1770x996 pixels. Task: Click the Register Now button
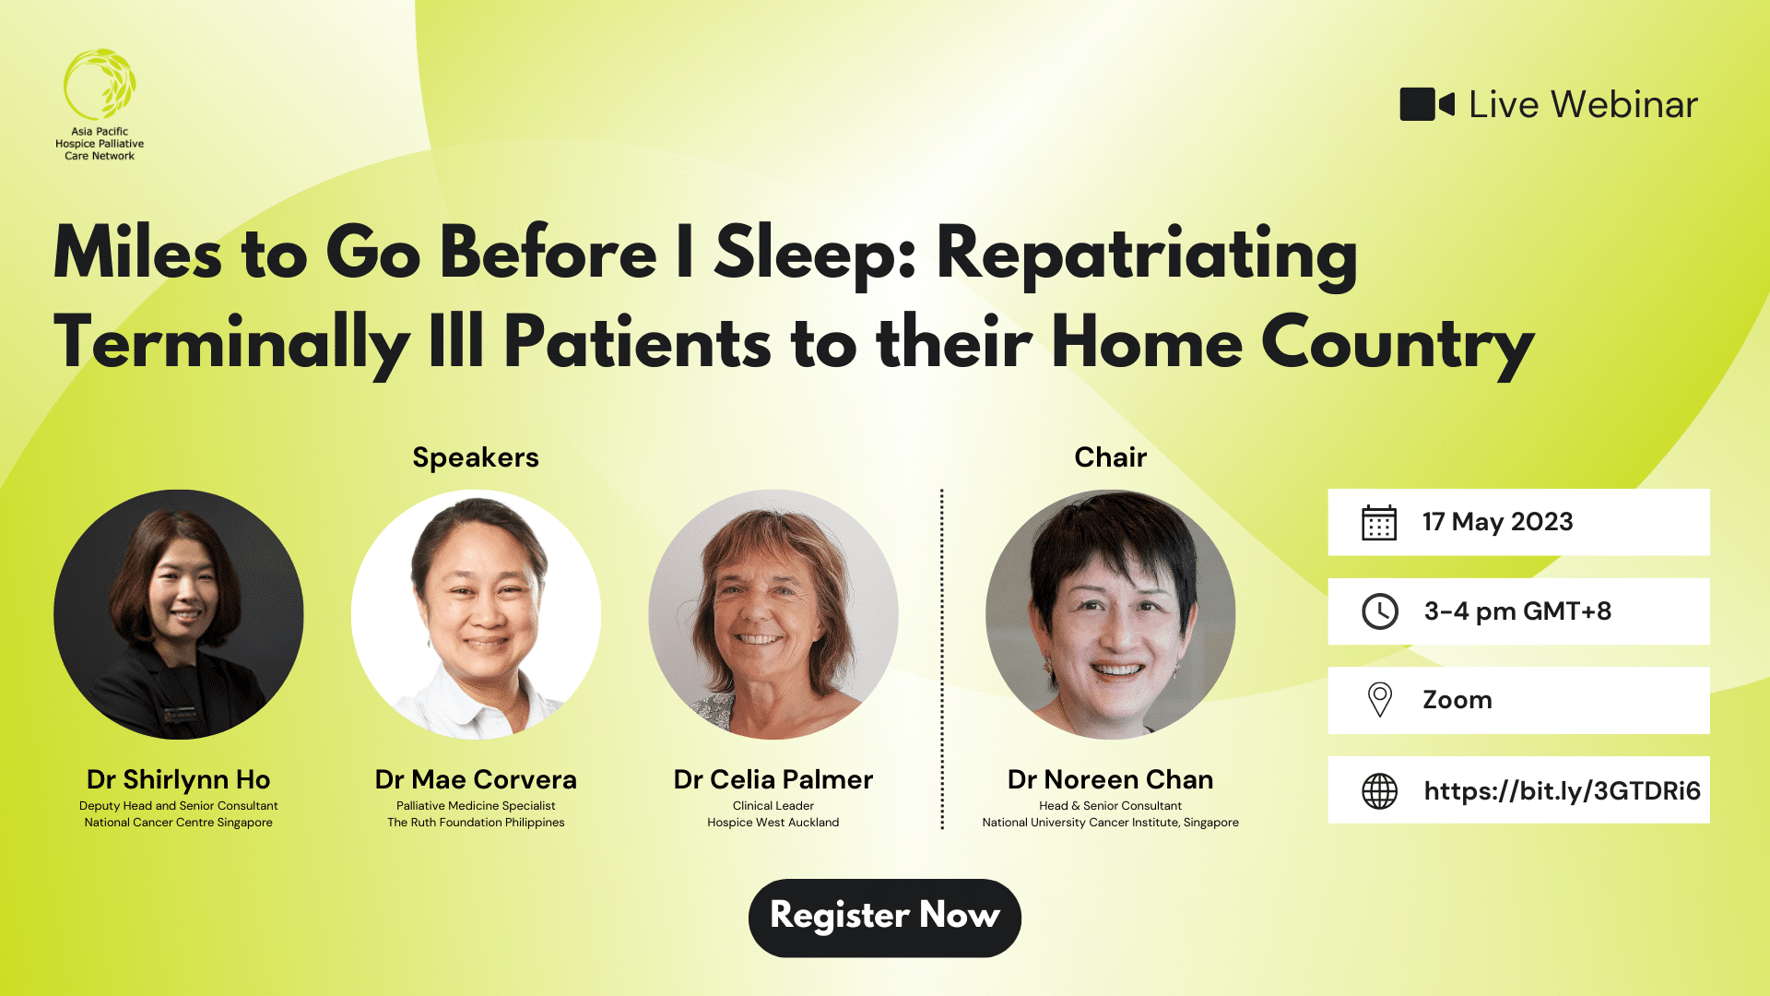pyautogui.click(x=884, y=917)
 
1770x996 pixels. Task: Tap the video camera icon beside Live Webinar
pyautogui.click(x=1425, y=104)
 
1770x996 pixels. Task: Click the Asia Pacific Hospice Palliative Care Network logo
pyautogui.click(x=100, y=104)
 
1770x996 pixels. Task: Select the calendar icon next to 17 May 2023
pyautogui.click(x=1379, y=522)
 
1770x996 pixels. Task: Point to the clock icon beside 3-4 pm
pyautogui.click(x=1379, y=611)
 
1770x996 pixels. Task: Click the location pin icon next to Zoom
pyautogui.click(x=1379, y=700)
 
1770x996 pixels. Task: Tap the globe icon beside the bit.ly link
pyautogui.click(x=1379, y=790)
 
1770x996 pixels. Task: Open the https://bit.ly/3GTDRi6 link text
pyautogui.click(x=1562, y=790)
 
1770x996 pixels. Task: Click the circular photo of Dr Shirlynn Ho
pyautogui.click(x=179, y=614)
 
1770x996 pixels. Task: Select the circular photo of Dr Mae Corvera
pyautogui.click(x=476, y=614)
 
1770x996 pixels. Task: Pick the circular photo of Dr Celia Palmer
pyautogui.click(x=773, y=614)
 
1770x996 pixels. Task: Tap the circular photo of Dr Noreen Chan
pyautogui.click(x=1110, y=614)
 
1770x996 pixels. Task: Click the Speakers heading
pyautogui.click(x=475, y=457)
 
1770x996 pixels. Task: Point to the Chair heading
pyautogui.click(x=1110, y=457)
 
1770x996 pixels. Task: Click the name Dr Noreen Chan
pyautogui.click(x=1110, y=779)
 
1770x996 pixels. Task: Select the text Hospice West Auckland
pyautogui.click(x=773, y=823)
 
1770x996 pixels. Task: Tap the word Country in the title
pyautogui.click(x=1397, y=343)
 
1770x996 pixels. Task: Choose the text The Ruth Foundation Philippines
pyautogui.click(x=476, y=823)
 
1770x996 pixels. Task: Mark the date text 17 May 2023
pyautogui.click(x=1497, y=522)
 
